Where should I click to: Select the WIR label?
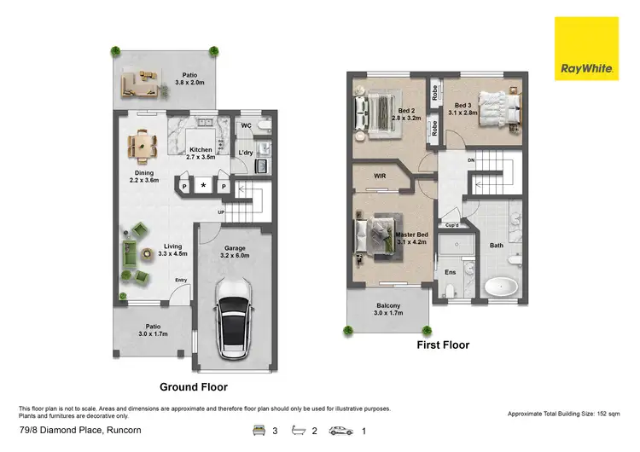[381, 177]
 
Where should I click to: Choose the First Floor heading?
[442, 345]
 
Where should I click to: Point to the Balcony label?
[388, 309]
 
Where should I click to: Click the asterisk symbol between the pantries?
[203, 185]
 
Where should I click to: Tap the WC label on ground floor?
[245, 126]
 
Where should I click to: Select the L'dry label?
[246, 153]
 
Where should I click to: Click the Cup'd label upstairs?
[452, 225]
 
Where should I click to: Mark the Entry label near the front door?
[181, 280]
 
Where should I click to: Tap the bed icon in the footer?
[257, 432]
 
